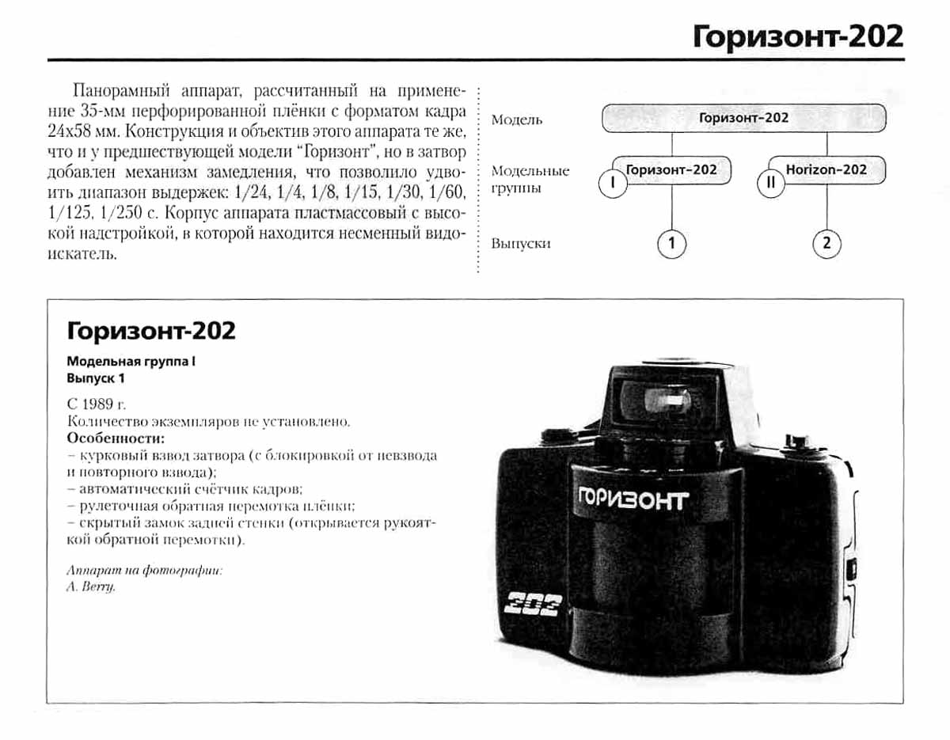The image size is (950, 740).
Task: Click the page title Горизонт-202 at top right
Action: point(797,36)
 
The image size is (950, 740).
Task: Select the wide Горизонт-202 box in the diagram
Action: point(743,119)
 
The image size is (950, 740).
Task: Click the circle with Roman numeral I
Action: point(613,184)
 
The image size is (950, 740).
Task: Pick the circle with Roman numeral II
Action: point(770,184)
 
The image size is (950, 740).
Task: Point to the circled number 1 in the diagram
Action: point(671,244)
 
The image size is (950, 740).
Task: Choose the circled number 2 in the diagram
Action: point(826,244)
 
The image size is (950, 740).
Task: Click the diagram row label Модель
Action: point(517,120)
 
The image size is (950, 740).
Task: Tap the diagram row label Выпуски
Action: point(520,244)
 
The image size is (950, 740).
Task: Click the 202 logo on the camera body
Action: point(533,605)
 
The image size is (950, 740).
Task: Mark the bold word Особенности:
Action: point(116,438)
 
